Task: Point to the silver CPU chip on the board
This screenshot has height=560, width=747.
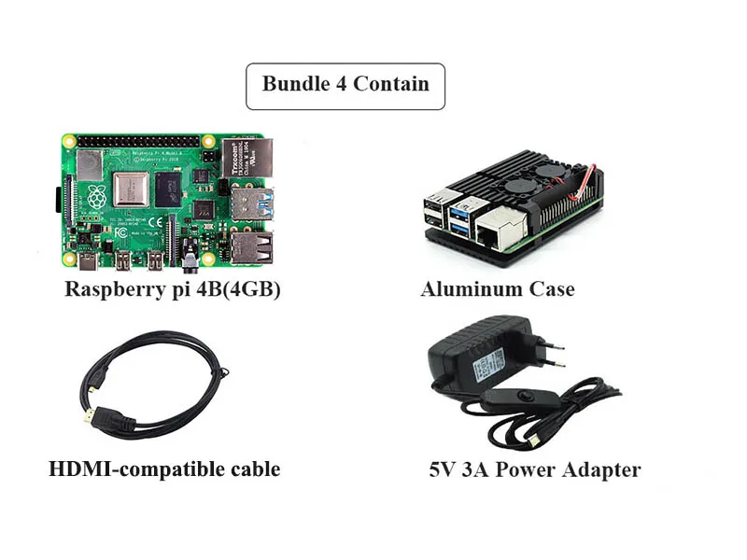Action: pos(132,189)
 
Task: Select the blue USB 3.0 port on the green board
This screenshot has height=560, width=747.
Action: pos(251,203)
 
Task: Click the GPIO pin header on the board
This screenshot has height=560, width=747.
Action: pos(140,141)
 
